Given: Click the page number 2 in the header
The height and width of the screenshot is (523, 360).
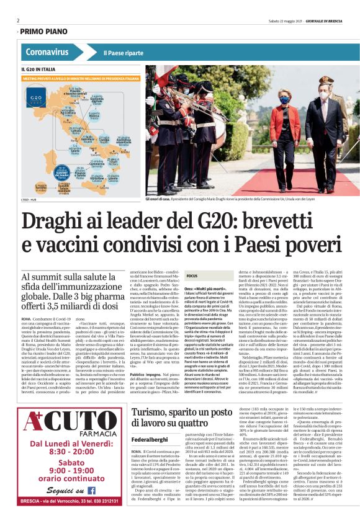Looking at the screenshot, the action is (x=18, y=20).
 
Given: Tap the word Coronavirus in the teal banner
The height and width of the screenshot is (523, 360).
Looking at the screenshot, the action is (x=47, y=52).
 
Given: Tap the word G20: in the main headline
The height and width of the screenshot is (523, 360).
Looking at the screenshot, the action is (x=222, y=221).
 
